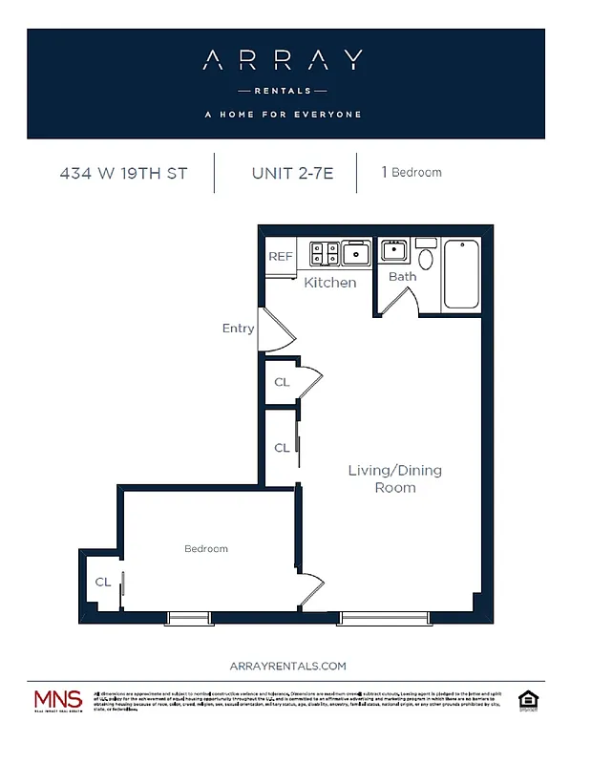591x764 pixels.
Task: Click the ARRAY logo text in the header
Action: point(283,61)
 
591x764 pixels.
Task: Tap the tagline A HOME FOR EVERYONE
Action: point(283,115)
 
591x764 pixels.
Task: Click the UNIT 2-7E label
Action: point(292,173)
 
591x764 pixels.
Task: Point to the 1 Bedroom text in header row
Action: point(412,173)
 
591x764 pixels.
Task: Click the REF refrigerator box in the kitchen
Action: point(280,256)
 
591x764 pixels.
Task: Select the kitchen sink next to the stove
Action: point(357,253)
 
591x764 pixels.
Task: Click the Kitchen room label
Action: point(329,283)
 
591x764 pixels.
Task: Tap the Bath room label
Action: point(402,277)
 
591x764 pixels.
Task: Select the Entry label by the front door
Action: point(238,329)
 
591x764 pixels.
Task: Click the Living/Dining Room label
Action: point(394,478)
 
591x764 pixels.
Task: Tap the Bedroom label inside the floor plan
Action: point(206,548)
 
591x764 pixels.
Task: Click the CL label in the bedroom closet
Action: point(102,582)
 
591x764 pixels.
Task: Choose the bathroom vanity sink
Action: point(394,252)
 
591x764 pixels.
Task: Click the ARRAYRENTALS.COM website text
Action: point(288,666)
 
